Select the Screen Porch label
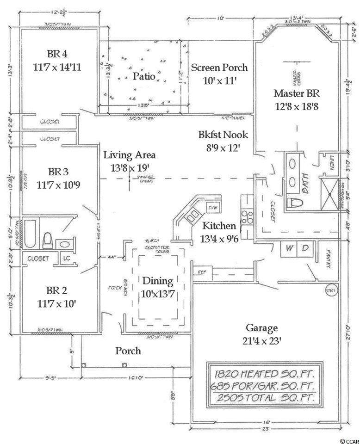click(x=219, y=68)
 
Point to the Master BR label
click(x=297, y=92)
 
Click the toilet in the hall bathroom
click(x=47, y=240)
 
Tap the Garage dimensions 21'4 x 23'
click(x=261, y=341)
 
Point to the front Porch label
click(x=128, y=351)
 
